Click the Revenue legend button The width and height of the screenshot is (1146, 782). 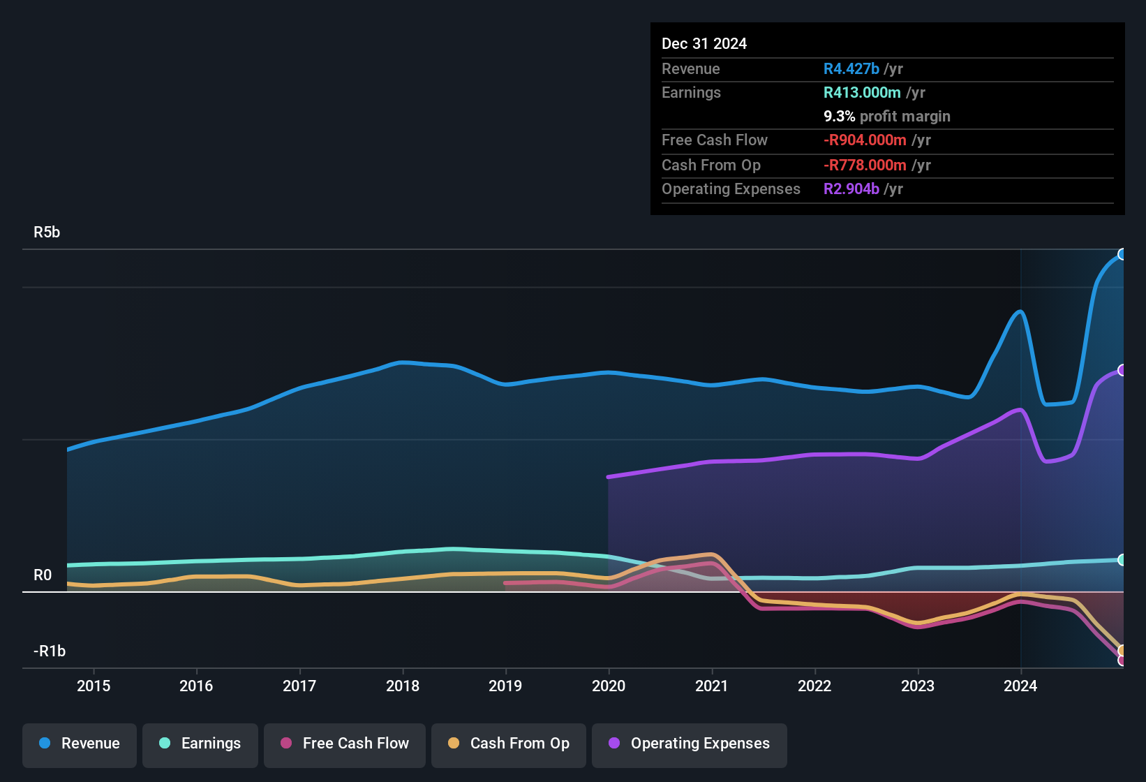pos(80,744)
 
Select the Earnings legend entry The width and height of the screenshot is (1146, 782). pos(200,744)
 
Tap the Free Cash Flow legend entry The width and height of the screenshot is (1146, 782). pos(345,744)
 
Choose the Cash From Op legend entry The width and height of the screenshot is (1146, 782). pos(509,744)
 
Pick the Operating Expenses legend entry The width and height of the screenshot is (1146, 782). pos(690,744)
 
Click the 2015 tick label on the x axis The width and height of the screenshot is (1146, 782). pos(94,686)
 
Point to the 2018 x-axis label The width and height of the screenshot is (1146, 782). pos(403,686)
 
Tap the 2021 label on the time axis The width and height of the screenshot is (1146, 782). pos(711,686)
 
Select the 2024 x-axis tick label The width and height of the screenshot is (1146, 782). pos(1020,686)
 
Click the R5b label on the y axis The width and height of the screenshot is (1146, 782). pos(47,233)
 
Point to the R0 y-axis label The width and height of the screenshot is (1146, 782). pos(43,575)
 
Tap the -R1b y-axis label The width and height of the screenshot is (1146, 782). pos(50,651)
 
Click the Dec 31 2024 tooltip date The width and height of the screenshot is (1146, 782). pos(704,44)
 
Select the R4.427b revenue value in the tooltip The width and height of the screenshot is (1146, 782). pos(851,69)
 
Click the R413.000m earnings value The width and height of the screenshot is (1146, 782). pos(862,93)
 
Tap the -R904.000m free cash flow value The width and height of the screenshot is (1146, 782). pos(865,140)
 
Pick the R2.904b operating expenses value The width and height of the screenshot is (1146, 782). pos(851,189)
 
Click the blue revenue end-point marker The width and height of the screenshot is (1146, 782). pos(1122,254)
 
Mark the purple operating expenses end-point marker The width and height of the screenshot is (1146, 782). pos(1122,370)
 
